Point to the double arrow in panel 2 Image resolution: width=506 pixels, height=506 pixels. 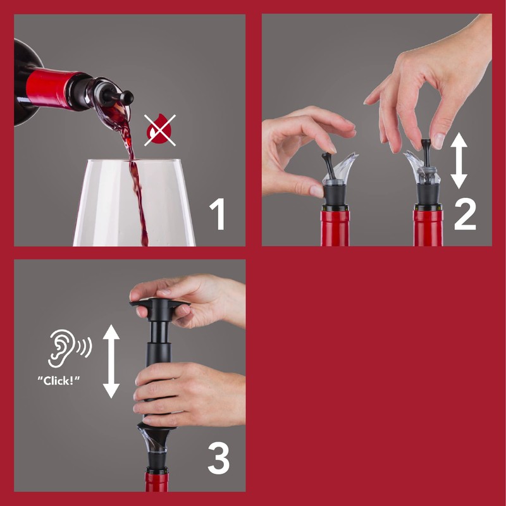click(x=459, y=161)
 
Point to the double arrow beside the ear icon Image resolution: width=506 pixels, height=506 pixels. click(x=111, y=361)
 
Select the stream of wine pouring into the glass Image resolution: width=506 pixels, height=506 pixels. click(x=134, y=171)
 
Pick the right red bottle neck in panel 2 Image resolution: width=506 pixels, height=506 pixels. click(x=428, y=228)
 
